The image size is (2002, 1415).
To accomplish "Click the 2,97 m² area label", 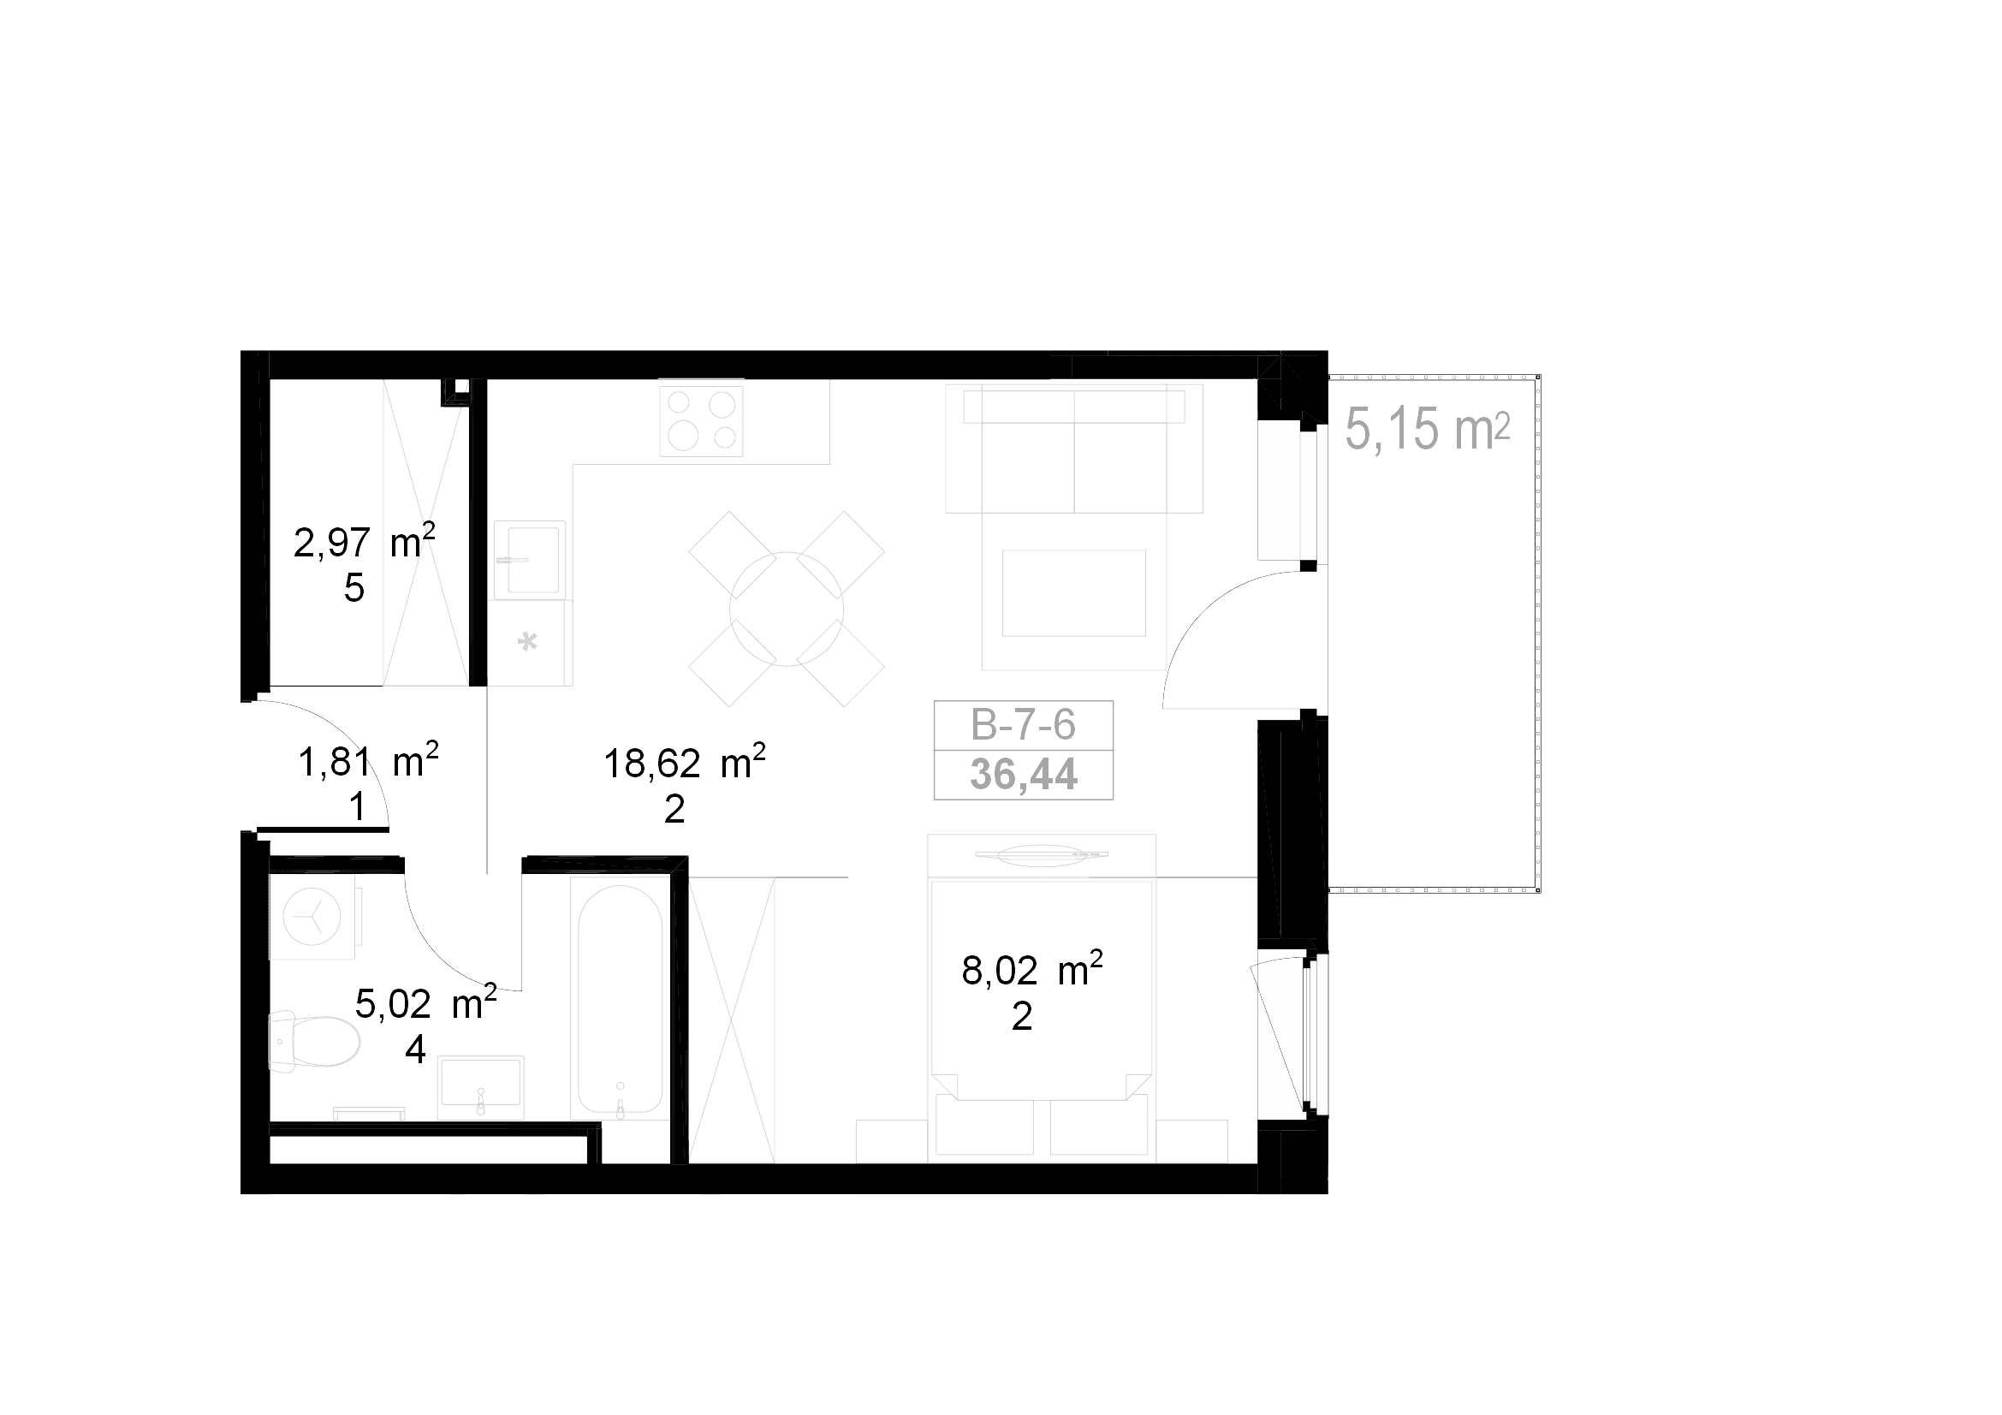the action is pyautogui.click(x=365, y=542).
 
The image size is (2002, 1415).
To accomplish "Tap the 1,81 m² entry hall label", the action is pyautogui.click(x=368, y=761).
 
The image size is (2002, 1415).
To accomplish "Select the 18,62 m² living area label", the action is pyautogui.click(x=685, y=763).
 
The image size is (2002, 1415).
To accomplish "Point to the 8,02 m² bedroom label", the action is pyautogui.click(x=1032, y=970).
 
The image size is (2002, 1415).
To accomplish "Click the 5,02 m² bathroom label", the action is pyautogui.click(x=425, y=1003).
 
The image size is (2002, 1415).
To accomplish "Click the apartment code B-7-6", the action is pyautogui.click(x=1023, y=724).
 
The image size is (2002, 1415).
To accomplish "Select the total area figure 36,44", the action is pyautogui.click(x=1024, y=774).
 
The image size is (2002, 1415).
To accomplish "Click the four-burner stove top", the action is pyautogui.click(x=701, y=421).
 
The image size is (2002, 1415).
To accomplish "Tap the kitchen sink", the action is pyautogui.click(x=530, y=560).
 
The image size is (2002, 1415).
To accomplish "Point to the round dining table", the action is pyautogui.click(x=787, y=609).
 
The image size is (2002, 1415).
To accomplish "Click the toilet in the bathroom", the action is pyautogui.click(x=314, y=1041).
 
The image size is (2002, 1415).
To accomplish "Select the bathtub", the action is pyautogui.click(x=620, y=998).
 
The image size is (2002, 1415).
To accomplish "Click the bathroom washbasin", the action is pyautogui.click(x=480, y=1087).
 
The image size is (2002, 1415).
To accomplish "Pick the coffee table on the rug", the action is pyautogui.click(x=1073, y=593).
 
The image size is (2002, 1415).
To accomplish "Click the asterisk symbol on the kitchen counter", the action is pyautogui.click(x=526, y=643).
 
